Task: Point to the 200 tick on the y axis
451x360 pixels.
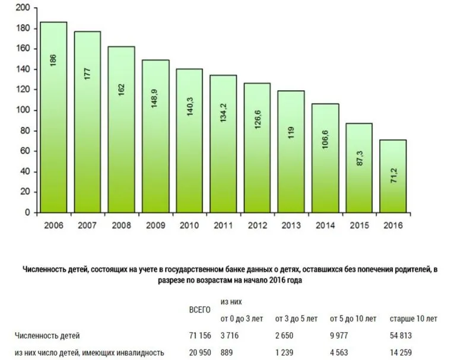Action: pyautogui.click(x=23, y=8)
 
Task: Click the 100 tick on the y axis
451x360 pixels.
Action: pyautogui.click(x=23, y=110)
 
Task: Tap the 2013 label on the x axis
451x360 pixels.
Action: pyautogui.click(x=291, y=225)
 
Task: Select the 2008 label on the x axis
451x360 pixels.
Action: pyautogui.click(x=121, y=225)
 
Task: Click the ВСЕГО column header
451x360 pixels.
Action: pyautogui.click(x=200, y=310)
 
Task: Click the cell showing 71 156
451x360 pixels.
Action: pyautogui.click(x=200, y=336)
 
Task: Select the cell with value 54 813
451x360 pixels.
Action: pyautogui.click(x=402, y=336)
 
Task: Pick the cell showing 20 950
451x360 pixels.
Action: pyautogui.click(x=200, y=352)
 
